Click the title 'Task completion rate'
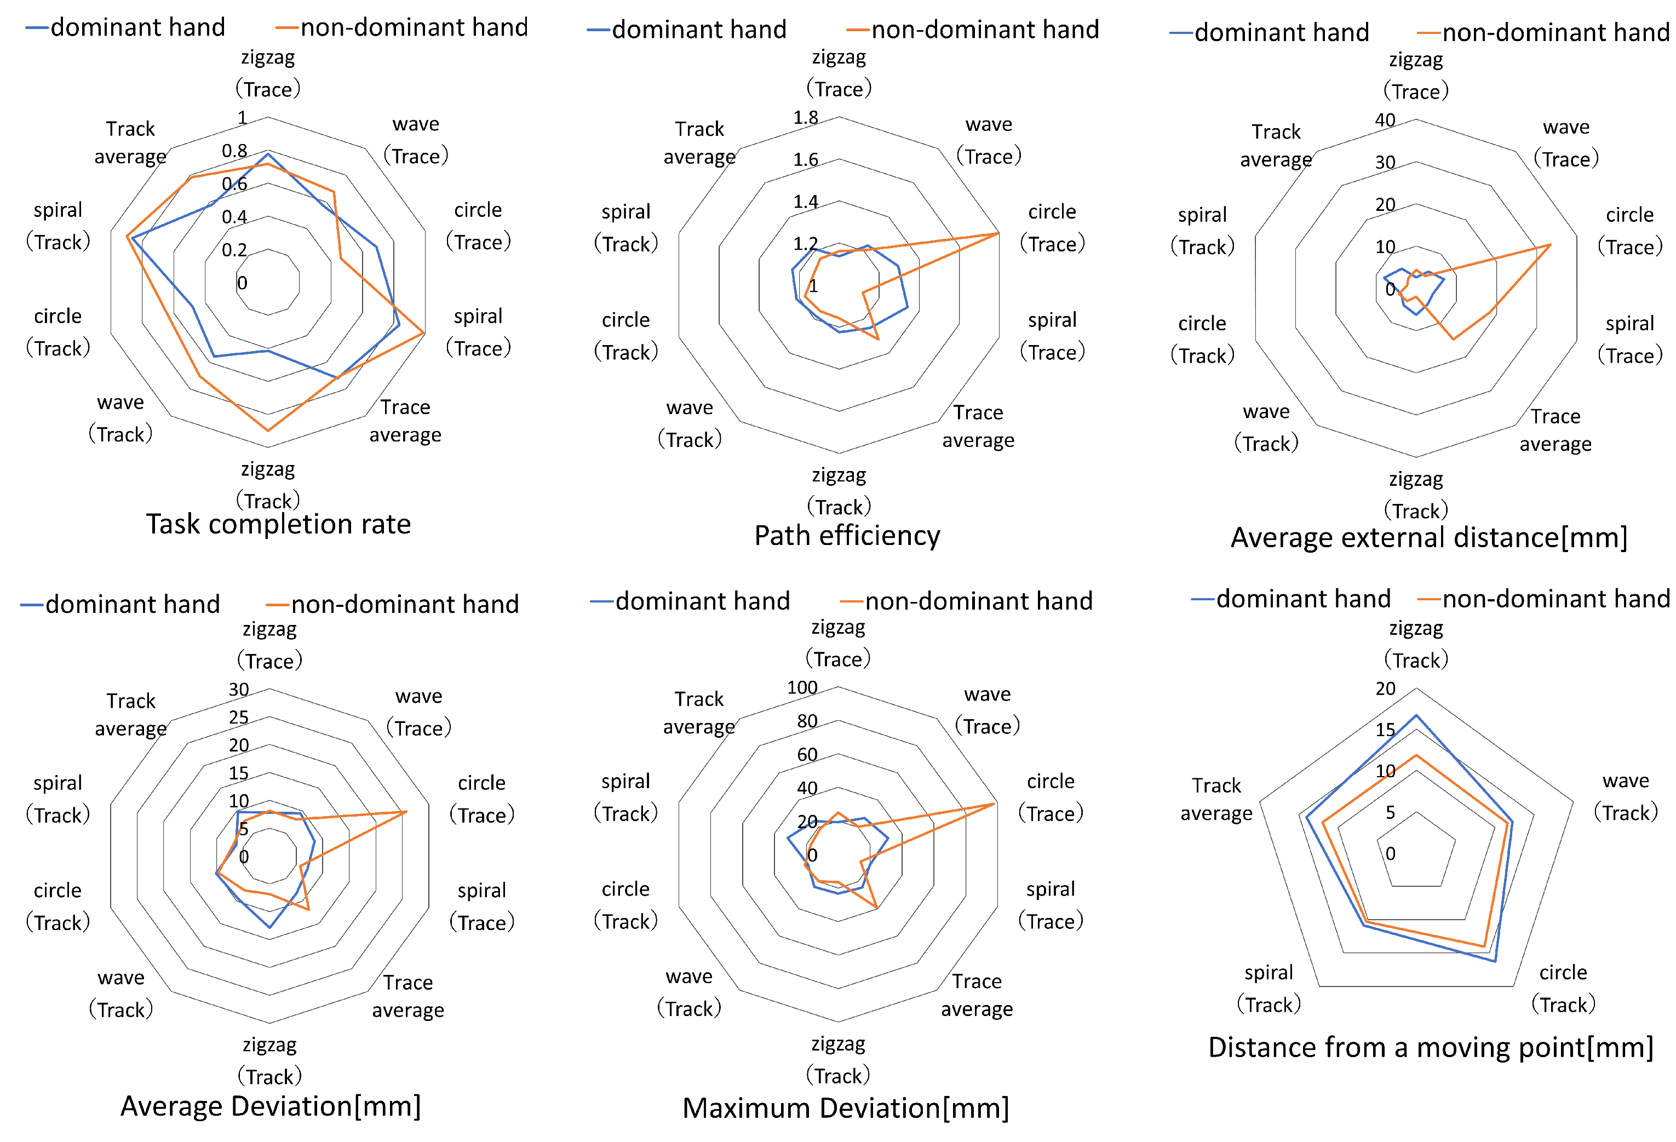point(278,524)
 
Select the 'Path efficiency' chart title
point(847,536)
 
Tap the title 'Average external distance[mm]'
point(1428,538)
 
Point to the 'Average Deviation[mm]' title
point(271,1106)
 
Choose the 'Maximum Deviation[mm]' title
point(845,1108)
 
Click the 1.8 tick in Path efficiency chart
point(806,118)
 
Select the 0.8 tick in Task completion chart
point(234,151)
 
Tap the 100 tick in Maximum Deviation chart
point(802,688)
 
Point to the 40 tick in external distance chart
point(1385,120)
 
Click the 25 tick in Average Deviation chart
point(239,718)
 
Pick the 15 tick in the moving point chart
point(1385,730)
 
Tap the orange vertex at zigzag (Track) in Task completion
point(268,431)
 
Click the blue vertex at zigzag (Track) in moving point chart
point(1416,715)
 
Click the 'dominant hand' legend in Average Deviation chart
point(132,604)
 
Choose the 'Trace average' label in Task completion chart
point(405,421)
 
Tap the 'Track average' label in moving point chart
point(1216,799)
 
